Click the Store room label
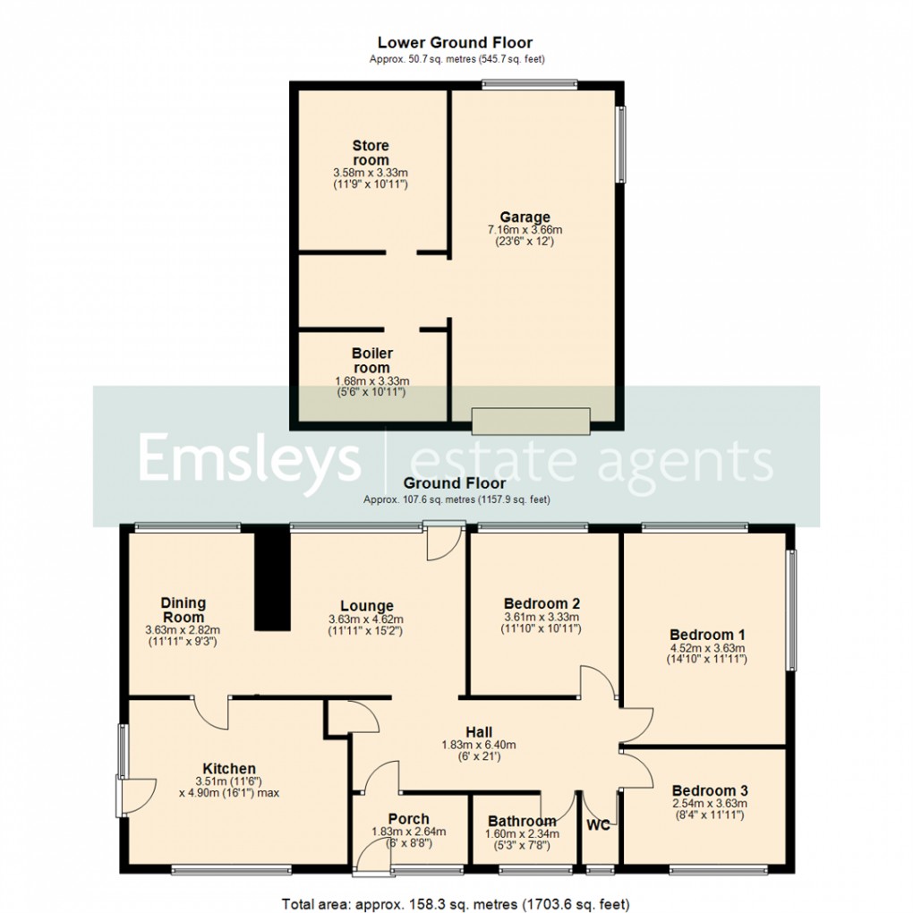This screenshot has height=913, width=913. (371, 153)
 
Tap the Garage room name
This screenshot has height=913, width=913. (525, 217)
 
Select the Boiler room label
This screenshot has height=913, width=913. (371, 361)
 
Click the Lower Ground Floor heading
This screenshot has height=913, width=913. (455, 42)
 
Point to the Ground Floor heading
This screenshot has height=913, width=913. (456, 483)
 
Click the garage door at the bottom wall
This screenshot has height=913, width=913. (531, 421)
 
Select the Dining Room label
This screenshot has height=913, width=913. (183, 610)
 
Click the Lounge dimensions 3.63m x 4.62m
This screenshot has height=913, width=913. (367, 619)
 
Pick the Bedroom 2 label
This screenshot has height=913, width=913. (543, 602)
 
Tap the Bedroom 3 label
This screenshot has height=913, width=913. (710, 790)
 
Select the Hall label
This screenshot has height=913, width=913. (479, 731)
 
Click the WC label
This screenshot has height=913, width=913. (598, 824)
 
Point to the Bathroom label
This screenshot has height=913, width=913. (521, 821)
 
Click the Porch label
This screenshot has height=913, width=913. (408, 818)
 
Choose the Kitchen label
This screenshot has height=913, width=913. (229, 768)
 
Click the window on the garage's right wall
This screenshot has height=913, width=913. (620, 144)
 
